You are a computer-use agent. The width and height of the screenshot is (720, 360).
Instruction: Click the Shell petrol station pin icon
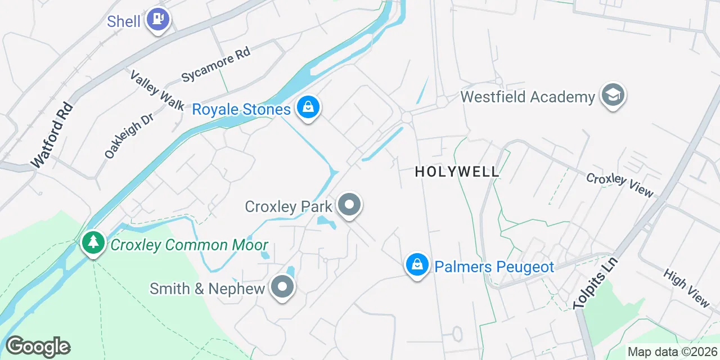tap(158, 20)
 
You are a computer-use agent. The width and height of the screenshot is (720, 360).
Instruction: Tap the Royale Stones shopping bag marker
tap(308, 107)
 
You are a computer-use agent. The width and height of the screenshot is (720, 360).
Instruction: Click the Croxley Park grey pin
tap(349, 205)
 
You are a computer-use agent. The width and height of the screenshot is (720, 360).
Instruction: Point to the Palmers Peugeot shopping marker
tap(417, 264)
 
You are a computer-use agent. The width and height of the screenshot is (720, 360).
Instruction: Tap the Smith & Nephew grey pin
tap(282, 287)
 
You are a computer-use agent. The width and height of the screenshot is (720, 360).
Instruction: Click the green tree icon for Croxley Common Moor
tap(93, 244)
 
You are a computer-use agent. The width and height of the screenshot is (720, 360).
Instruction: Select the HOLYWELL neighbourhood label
tap(457, 172)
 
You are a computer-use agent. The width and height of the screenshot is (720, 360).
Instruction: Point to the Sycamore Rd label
tap(215, 65)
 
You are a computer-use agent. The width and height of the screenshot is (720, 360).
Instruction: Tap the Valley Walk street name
tap(157, 90)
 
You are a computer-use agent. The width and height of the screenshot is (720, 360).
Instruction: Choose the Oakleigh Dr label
tap(121, 137)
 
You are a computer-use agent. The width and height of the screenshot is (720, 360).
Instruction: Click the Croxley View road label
tap(620, 185)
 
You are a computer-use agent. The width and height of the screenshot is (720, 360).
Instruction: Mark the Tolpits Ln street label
tap(596, 283)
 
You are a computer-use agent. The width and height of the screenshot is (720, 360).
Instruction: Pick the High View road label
tap(686, 288)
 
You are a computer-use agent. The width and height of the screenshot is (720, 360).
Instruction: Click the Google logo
tap(38, 347)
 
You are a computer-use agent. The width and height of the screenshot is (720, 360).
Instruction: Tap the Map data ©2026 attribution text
tap(672, 352)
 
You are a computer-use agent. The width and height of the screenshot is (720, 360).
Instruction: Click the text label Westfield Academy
tap(528, 97)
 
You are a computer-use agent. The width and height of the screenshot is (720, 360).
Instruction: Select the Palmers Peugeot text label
tap(494, 266)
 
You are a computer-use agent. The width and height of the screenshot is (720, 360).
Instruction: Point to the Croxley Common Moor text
tap(189, 245)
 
